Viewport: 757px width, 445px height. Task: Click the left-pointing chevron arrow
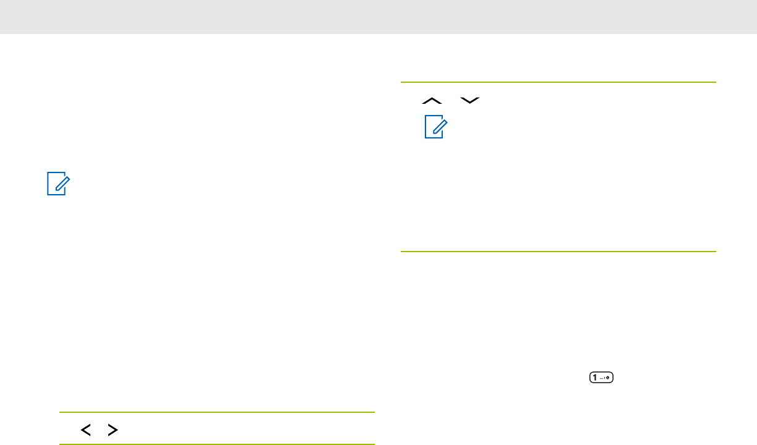(x=85, y=430)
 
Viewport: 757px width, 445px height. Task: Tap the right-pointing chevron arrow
(x=113, y=430)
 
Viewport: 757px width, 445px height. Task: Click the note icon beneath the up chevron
(x=434, y=127)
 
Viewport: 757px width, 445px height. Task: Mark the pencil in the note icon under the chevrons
(x=436, y=127)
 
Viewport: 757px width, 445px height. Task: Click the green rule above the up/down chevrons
(x=558, y=82)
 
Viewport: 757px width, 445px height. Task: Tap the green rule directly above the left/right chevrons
(x=217, y=412)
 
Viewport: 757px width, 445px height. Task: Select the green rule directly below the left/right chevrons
(x=217, y=444)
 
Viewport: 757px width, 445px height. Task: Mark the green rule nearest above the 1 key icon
(x=558, y=252)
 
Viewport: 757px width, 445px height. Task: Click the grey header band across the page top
(x=378, y=17)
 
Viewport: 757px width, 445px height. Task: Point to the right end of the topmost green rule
(x=714, y=82)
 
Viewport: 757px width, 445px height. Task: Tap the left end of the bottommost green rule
(x=61, y=444)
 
